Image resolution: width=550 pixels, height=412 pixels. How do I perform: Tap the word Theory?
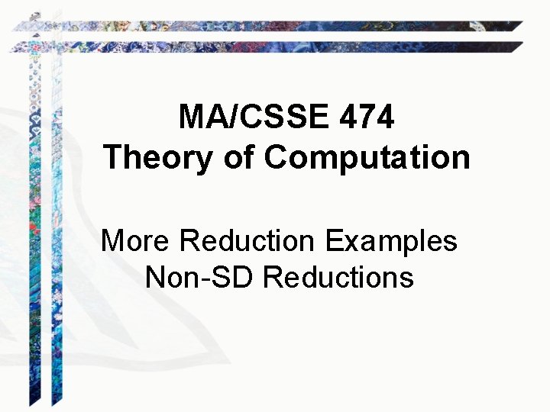click(157, 158)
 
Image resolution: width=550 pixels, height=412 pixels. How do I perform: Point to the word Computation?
click(367, 159)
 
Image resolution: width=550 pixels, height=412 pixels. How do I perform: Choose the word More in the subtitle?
click(134, 241)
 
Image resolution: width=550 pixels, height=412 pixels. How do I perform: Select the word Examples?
click(391, 241)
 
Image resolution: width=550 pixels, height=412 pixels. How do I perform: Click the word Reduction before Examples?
click(247, 241)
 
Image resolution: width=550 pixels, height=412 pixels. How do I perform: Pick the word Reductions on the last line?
click(338, 276)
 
